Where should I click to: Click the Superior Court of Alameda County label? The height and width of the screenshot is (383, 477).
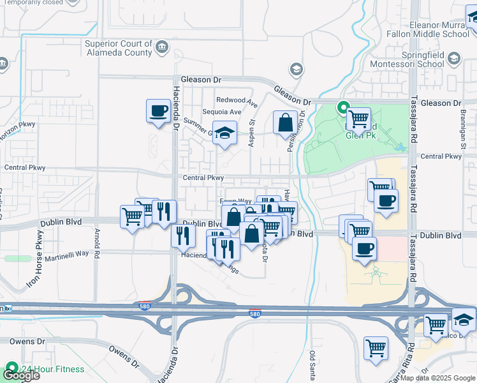pos(119,48)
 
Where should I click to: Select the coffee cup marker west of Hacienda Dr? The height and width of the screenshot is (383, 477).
pos(158,110)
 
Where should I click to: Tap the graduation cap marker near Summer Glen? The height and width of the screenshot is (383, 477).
pos(224,133)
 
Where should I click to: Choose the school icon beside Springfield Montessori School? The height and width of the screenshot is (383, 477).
pos(454,59)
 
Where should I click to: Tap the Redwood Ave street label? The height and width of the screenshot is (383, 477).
pos(237,101)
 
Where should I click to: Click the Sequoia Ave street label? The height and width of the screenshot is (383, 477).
pos(222,112)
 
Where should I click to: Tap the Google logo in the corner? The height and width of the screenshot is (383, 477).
pos(20,375)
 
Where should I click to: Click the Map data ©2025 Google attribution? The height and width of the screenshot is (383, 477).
pos(437,378)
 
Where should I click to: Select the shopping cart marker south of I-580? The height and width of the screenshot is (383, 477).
pos(376,349)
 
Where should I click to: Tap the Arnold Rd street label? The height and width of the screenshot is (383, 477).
pos(97,243)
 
